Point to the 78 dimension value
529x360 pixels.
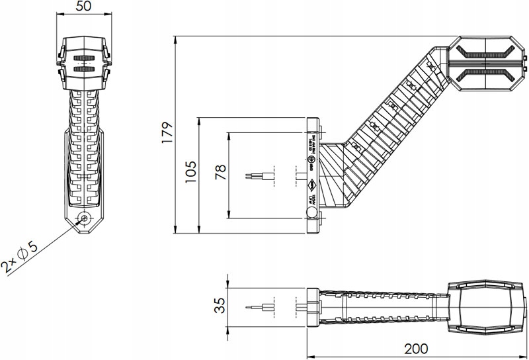click(220, 173)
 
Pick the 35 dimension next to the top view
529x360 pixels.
click(220, 306)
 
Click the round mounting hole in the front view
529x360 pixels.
click(84, 218)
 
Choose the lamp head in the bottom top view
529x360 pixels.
click(484, 306)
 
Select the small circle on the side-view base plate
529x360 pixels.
click(311, 212)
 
